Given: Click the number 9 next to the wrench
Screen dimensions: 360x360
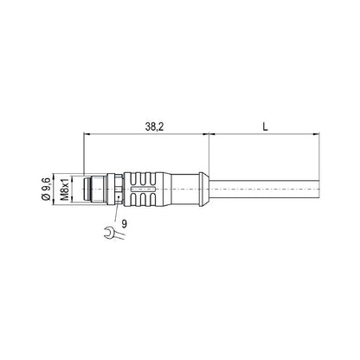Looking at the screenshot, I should coord(125,224).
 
